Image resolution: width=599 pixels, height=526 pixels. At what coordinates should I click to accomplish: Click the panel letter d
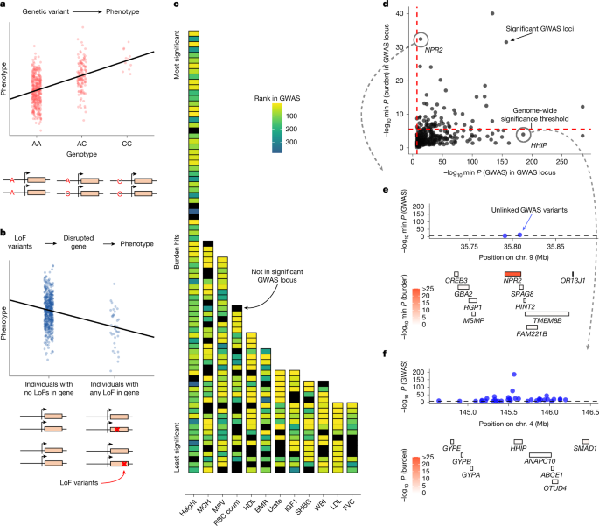point(386,6)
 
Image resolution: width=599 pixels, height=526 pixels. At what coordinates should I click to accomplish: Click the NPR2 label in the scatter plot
point(434,51)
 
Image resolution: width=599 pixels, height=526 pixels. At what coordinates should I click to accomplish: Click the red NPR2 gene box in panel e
point(512,275)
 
